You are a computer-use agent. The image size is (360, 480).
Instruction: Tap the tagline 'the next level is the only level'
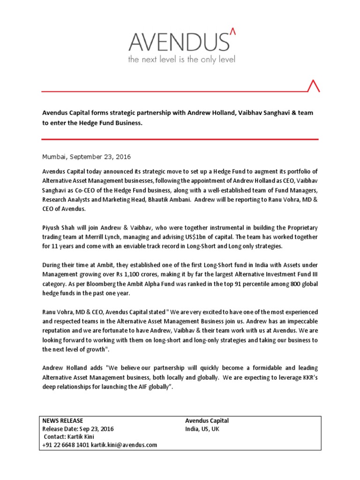coord(182,60)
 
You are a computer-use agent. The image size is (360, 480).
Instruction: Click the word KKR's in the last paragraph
coord(307,378)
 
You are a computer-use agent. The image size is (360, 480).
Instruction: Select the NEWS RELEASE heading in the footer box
coord(63,420)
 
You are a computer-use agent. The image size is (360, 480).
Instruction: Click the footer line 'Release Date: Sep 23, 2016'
coord(78,428)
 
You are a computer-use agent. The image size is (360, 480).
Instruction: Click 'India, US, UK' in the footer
coord(202,428)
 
